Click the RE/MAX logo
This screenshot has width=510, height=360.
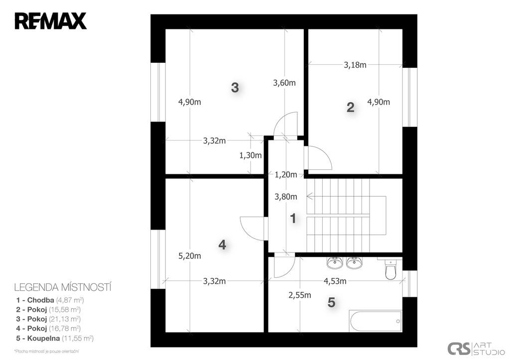coord(51,21)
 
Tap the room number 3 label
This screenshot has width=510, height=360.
coord(235,88)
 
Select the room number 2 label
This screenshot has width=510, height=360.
coord(350,107)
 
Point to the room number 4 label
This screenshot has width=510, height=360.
coord(222,244)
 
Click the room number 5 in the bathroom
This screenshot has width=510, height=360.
coord(331,302)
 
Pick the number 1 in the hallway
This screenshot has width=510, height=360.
coord(293,219)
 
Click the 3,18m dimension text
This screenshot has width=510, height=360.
coord(355,65)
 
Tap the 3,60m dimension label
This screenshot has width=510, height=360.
coord(284,83)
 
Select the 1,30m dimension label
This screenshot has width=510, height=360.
coord(251,155)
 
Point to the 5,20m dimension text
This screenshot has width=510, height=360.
coord(190,256)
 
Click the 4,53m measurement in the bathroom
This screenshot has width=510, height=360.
coord(335,281)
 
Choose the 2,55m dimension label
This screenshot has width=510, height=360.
coord(299,295)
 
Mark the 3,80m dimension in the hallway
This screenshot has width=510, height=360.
coord(286,197)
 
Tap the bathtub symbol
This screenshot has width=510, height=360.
coord(376,321)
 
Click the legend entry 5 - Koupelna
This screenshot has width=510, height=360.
coord(55,338)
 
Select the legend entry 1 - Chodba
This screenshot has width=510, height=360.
coord(50,300)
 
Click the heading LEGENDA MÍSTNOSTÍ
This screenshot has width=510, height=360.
coord(63,287)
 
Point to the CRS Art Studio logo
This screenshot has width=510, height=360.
coord(476,349)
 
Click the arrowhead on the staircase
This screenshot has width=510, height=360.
coord(309,196)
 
